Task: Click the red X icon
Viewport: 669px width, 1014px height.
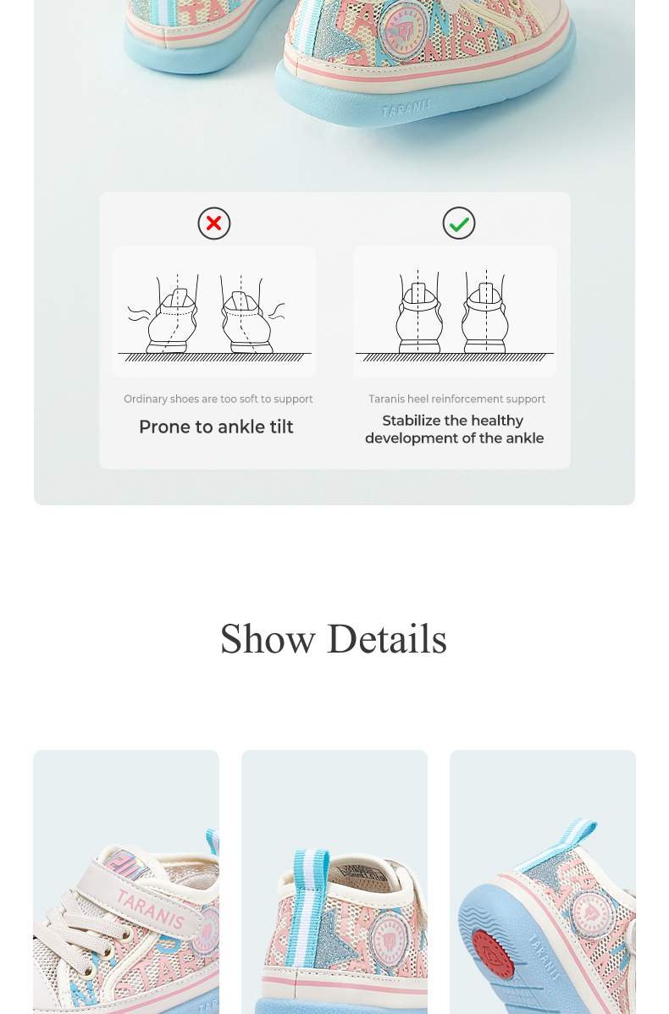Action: [x=214, y=223]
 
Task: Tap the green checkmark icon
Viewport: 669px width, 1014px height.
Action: [x=459, y=223]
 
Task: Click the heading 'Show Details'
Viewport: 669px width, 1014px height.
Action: [x=334, y=639]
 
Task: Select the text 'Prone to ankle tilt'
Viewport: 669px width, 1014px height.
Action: [x=216, y=427]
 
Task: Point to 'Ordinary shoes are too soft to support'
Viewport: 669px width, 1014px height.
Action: [x=218, y=399]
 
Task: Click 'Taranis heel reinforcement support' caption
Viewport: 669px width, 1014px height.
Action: [x=456, y=399]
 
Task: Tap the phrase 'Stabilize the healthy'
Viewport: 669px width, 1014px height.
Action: [x=453, y=421]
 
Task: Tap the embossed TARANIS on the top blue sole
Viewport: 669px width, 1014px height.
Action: [x=406, y=108]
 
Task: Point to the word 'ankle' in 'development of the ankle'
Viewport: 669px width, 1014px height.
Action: [x=525, y=438]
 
